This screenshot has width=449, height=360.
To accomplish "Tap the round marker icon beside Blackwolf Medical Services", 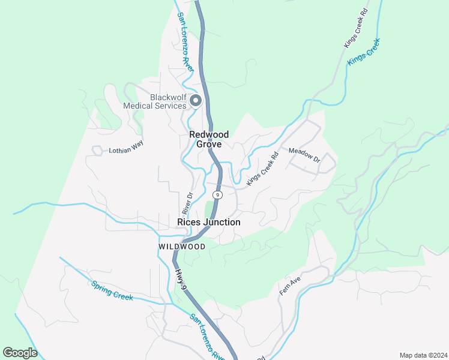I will (196, 101).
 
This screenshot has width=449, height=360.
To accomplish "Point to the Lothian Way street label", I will (126, 150).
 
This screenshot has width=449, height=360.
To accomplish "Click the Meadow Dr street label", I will (304, 155).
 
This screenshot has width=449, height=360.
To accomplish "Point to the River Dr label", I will (187, 203).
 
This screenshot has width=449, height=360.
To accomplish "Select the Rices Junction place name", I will (209, 222).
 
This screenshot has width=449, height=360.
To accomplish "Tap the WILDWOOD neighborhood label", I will (182, 247).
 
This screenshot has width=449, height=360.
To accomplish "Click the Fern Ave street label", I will (290, 286).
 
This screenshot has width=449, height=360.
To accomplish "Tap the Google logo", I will (20, 353).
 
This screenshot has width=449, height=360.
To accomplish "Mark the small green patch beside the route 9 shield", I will (209, 209).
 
